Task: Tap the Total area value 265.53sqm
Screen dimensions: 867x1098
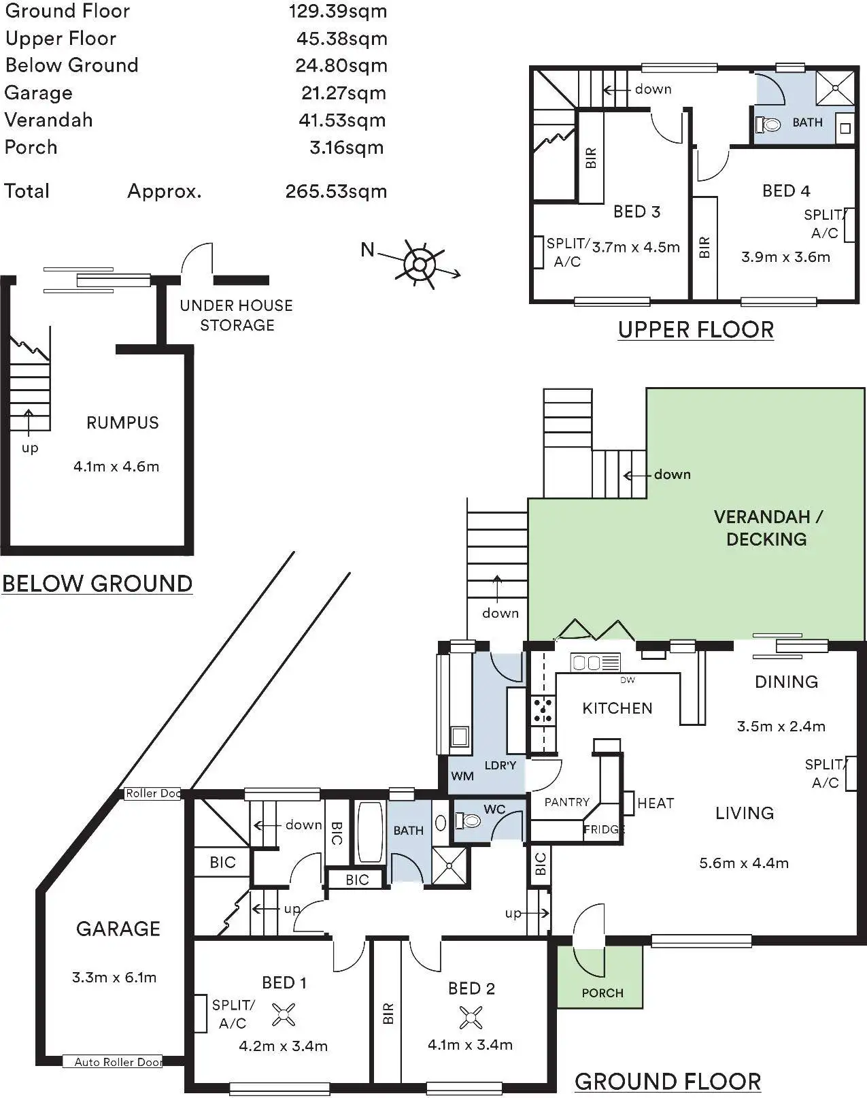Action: click(336, 191)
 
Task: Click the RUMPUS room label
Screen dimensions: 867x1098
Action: click(122, 422)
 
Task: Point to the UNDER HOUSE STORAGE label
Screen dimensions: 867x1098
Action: click(236, 315)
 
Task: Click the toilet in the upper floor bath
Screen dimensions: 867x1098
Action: click(769, 124)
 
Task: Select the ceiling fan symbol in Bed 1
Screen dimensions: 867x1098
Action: click(283, 1014)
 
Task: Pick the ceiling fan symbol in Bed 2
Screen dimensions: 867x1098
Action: click(470, 1018)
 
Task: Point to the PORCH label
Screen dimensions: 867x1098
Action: click(602, 993)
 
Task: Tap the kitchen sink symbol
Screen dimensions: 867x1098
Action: click(596, 662)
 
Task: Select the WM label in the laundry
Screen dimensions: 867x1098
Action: click(462, 776)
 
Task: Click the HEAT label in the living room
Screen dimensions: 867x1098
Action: click(656, 803)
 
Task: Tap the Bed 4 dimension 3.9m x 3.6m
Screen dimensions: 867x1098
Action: click(785, 257)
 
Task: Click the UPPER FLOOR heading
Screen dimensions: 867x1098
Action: click(696, 330)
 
